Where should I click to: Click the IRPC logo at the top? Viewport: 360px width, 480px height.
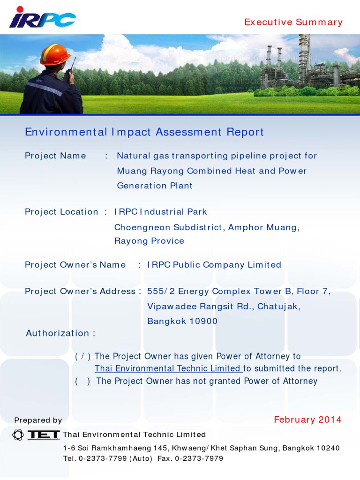[x=42, y=18]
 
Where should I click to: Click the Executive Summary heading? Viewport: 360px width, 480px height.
[x=293, y=22]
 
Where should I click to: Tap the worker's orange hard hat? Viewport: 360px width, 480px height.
[x=55, y=55]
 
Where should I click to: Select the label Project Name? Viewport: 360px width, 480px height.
[x=55, y=156]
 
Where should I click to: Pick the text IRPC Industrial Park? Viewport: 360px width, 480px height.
[x=161, y=211]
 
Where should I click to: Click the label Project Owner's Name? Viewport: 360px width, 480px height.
[x=75, y=265]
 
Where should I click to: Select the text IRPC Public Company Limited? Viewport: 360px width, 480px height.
[x=214, y=265]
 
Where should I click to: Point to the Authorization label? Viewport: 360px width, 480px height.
[x=60, y=333]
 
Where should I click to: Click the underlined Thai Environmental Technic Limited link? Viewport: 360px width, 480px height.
[x=168, y=368]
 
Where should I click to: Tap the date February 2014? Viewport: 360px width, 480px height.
[x=307, y=420]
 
